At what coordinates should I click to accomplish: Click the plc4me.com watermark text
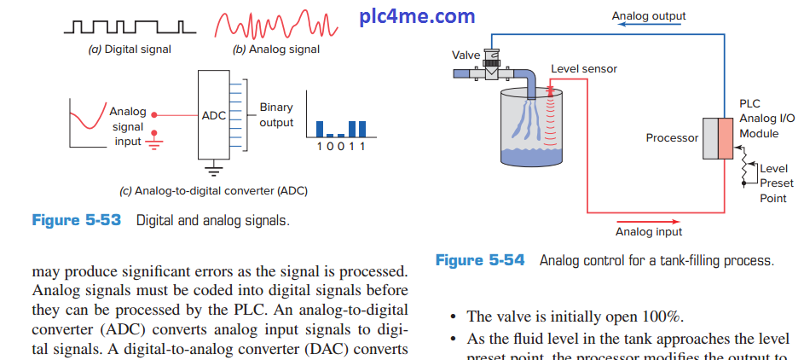[418, 16]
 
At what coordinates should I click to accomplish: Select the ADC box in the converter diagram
[212, 114]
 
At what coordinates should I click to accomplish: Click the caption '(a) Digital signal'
[130, 49]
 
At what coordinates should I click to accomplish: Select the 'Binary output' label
[276, 115]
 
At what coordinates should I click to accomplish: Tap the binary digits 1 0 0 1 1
[340, 147]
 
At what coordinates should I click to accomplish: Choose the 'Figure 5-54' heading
[480, 260]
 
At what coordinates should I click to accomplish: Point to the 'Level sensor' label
[584, 68]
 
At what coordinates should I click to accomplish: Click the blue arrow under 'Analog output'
[648, 26]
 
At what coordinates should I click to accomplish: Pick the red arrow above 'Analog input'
[648, 221]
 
